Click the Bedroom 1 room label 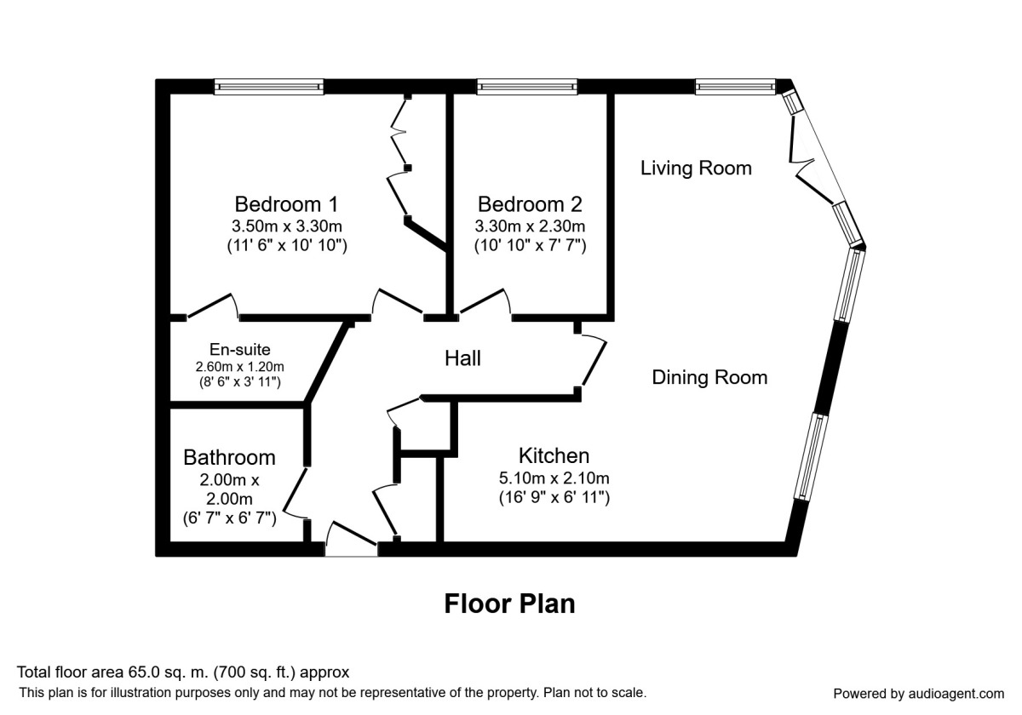(286, 204)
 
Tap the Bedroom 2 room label (530, 204)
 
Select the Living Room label (696, 168)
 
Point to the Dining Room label (709, 377)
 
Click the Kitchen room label (554, 455)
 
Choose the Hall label (462, 358)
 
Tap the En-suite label (239, 350)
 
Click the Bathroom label (229, 457)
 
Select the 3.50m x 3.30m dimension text (286, 226)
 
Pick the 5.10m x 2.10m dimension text (554, 478)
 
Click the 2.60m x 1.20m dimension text (239, 367)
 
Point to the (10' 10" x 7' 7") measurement (530, 245)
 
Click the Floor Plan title (509, 603)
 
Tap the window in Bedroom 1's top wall (268, 86)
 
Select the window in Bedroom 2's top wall (527, 86)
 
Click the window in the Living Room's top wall (736, 86)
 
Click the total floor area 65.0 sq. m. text (183, 672)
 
